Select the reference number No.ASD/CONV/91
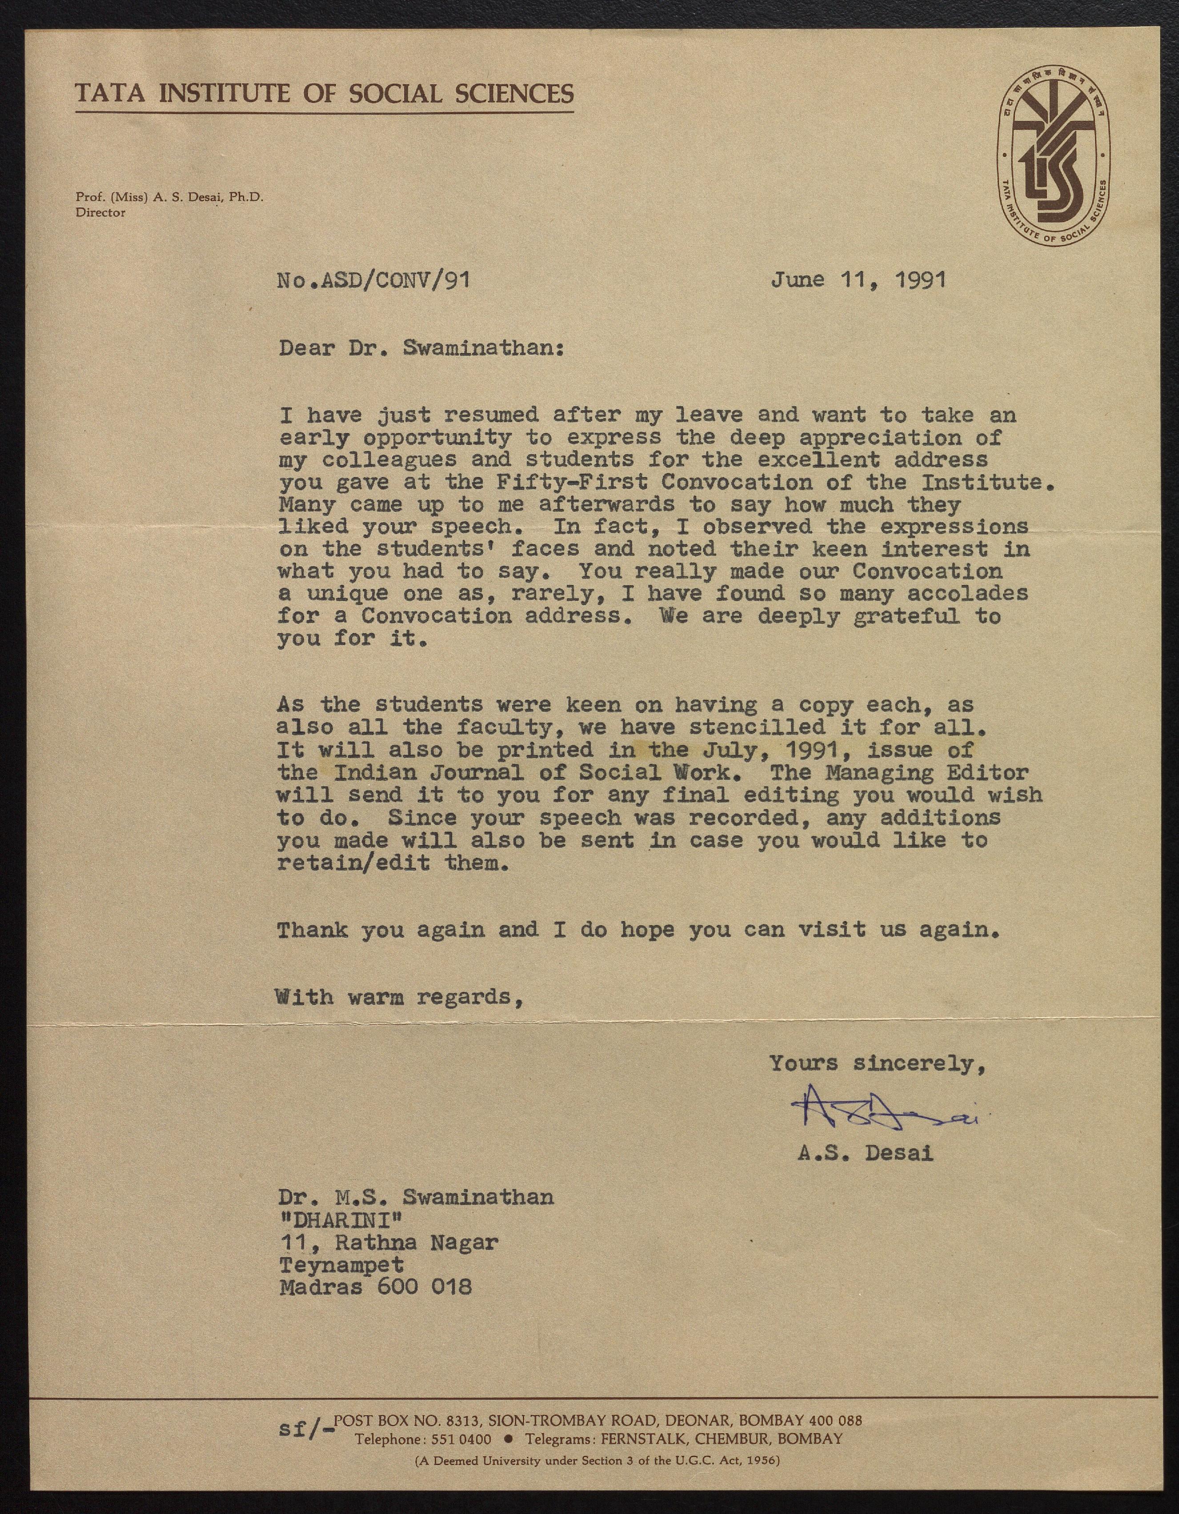click(x=373, y=280)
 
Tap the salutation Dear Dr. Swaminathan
click(x=421, y=347)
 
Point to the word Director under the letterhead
click(x=100, y=213)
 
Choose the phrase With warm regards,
click(x=398, y=997)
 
